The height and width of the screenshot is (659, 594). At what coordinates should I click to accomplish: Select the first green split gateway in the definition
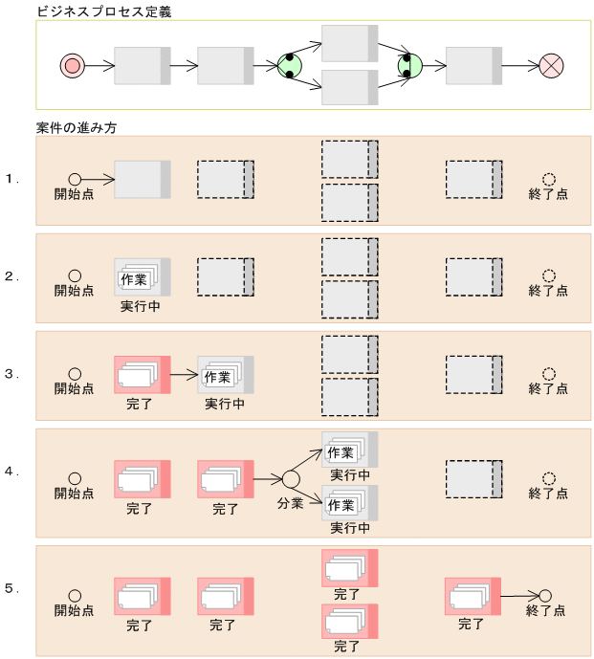click(x=290, y=65)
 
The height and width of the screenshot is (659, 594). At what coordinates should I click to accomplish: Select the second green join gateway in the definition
click(x=410, y=65)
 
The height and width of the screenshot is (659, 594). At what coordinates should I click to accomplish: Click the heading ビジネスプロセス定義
click(x=99, y=11)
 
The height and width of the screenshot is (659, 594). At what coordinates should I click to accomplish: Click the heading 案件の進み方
click(x=76, y=127)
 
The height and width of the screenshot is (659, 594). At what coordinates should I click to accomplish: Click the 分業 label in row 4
click(x=291, y=503)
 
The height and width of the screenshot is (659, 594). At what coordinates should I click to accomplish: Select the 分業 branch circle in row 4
click(x=291, y=478)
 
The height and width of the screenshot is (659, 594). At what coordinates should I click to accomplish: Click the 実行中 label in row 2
click(x=140, y=308)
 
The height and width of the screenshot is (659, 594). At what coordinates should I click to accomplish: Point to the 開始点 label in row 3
click(x=74, y=388)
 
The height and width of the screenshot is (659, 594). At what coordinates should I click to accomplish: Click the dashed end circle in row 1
click(x=548, y=179)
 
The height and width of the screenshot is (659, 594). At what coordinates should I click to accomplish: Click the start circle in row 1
click(x=75, y=179)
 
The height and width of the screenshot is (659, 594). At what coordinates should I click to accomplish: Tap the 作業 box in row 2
click(x=133, y=279)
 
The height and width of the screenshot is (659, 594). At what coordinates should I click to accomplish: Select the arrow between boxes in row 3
click(x=184, y=375)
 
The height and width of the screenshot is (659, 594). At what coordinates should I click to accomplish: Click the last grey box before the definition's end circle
click(x=473, y=65)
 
